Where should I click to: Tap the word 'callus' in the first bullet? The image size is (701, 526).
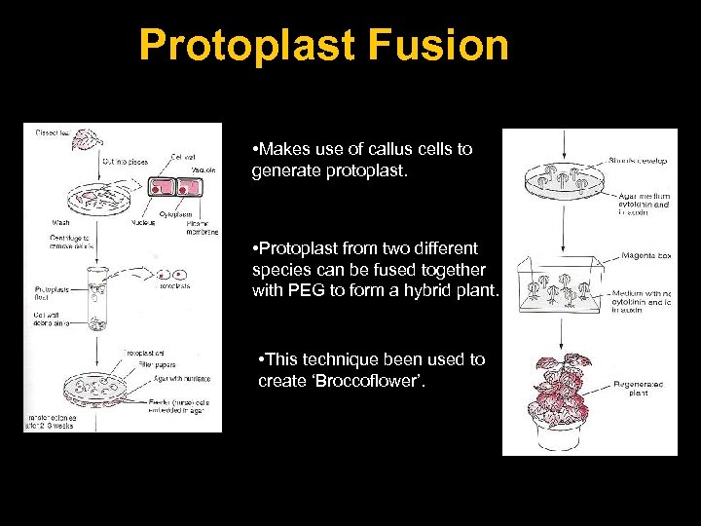pos(389,149)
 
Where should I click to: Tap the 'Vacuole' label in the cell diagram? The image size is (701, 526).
pos(203,169)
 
